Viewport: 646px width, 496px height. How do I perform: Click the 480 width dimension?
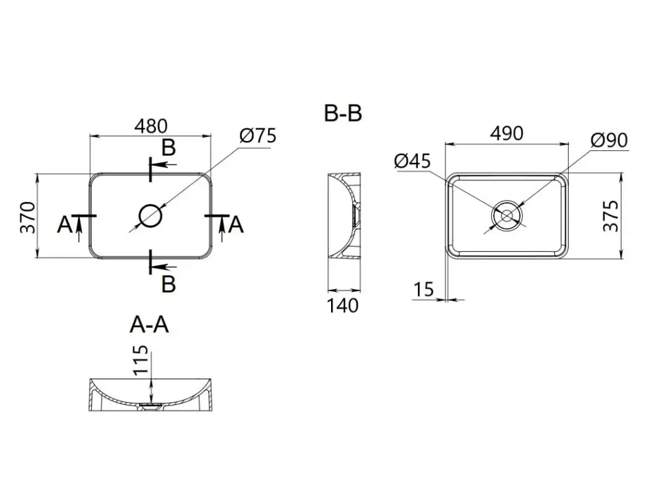click(151, 126)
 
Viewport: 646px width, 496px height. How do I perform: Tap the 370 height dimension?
click(29, 217)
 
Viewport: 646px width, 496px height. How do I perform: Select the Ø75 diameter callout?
click(258, 136)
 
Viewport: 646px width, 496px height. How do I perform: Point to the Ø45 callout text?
click(412, 161)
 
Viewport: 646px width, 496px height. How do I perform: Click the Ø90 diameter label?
click(609, 140)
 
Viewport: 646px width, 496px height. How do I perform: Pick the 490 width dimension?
click(507, 133)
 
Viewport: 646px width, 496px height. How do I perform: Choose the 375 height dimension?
click(611, 216)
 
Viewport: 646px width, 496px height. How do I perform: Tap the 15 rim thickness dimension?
click(424, 289)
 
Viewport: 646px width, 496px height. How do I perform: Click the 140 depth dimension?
click(343, 306)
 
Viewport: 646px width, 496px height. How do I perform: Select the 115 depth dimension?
click(140, 360)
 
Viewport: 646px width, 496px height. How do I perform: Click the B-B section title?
click(343, 113)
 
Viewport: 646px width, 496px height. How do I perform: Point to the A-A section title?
click(149, 324)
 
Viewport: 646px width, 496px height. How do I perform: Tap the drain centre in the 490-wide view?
click(506, 215)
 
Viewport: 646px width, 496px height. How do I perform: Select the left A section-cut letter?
click(65, 225)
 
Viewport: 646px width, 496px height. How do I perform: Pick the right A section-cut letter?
click(236, 225)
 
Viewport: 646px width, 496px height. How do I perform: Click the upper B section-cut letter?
click(168, 147)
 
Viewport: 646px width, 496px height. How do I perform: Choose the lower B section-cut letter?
click(168, 284)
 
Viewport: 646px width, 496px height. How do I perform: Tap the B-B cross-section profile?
click(344, 215)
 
